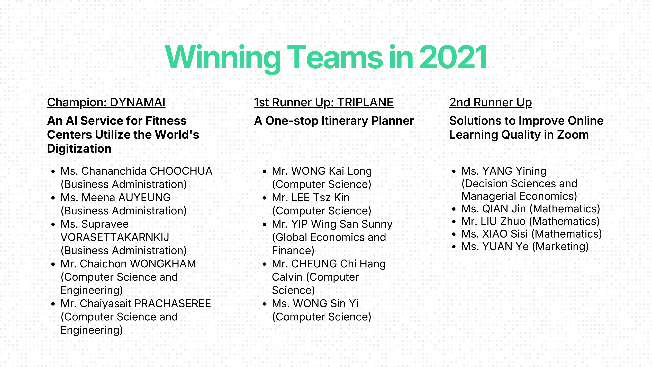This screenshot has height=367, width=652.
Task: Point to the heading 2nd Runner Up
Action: click(x=491, y=103)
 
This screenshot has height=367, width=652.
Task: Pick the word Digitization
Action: click(x=79, y=149)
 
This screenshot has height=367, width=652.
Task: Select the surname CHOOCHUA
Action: click(x=181, y=171)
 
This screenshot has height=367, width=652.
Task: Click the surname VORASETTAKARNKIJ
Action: click(x=115, y=237)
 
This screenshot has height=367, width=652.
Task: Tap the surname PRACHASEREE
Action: click(x=173, y=304)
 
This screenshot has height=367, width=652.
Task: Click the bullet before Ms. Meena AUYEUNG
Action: click(x=53, y=198)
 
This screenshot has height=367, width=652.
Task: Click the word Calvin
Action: click(x=287, y=277)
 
